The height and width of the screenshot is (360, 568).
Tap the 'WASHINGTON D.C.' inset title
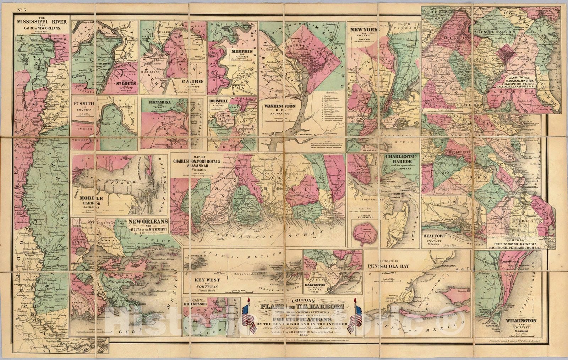click(x=280, y=107)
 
